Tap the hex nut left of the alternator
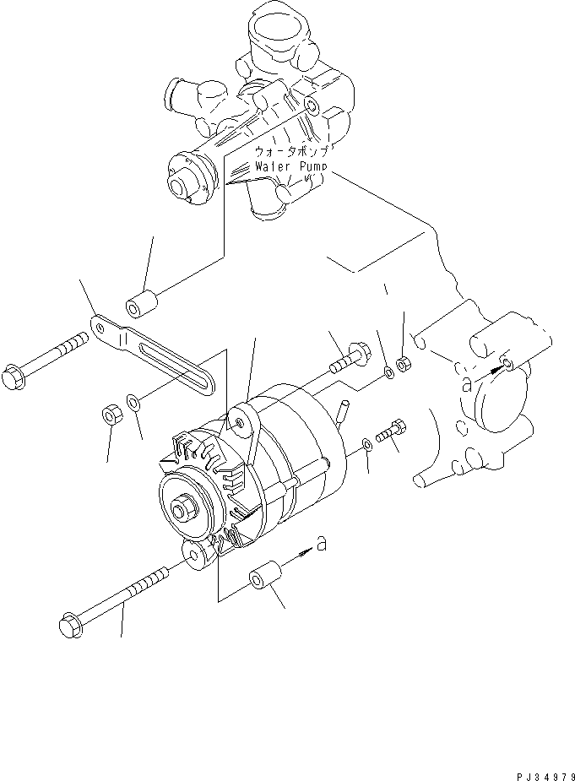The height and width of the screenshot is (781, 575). coord(110,415)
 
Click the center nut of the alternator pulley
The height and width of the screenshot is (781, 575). coord(182,509)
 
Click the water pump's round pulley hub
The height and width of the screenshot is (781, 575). coord(180,180)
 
